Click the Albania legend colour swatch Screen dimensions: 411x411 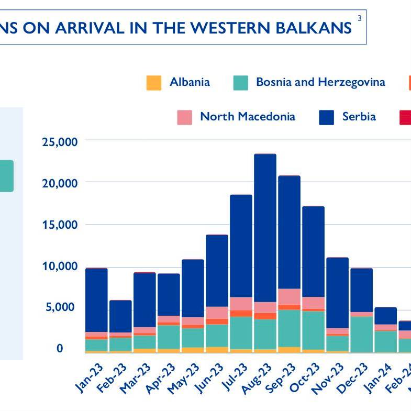pos(154,83)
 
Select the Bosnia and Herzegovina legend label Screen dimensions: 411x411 pos(320,82)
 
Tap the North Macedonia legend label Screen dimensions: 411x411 pos(247,116)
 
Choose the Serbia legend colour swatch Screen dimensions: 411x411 pos(326,117)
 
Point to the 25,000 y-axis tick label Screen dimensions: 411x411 pos(60,141)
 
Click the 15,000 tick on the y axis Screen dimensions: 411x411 pos(60,225)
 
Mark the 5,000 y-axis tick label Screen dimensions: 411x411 pos(63,307)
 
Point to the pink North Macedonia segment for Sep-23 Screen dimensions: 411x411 pos(289,296)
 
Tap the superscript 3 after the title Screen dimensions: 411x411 pos(359,19)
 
